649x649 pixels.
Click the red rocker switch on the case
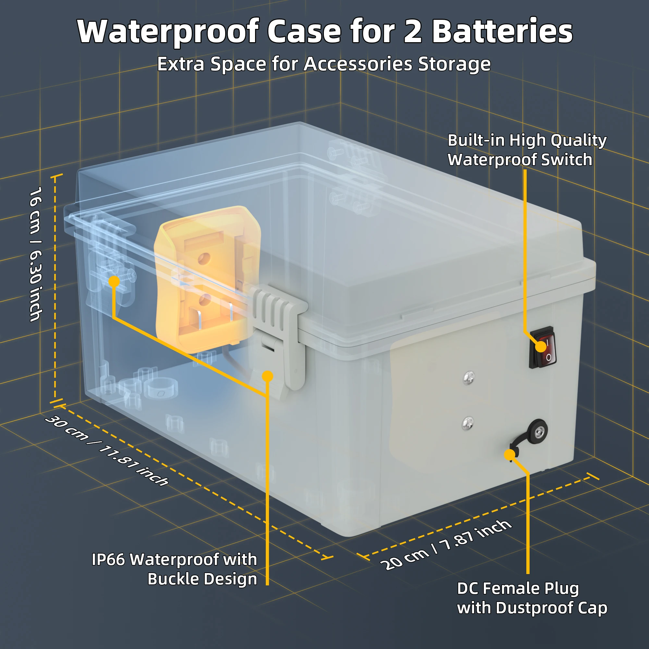coord(542,347)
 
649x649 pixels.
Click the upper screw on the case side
coord(469,378)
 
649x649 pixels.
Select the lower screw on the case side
coord(468,423)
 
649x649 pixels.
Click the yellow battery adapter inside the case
coord(207,279)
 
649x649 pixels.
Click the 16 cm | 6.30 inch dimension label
coord(35,254)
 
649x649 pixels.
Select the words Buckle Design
coord(202,579)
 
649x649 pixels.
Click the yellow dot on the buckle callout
coord(267,376)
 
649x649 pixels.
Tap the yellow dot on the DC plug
coord(509,455)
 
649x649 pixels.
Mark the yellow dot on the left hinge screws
coord(114,281)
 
